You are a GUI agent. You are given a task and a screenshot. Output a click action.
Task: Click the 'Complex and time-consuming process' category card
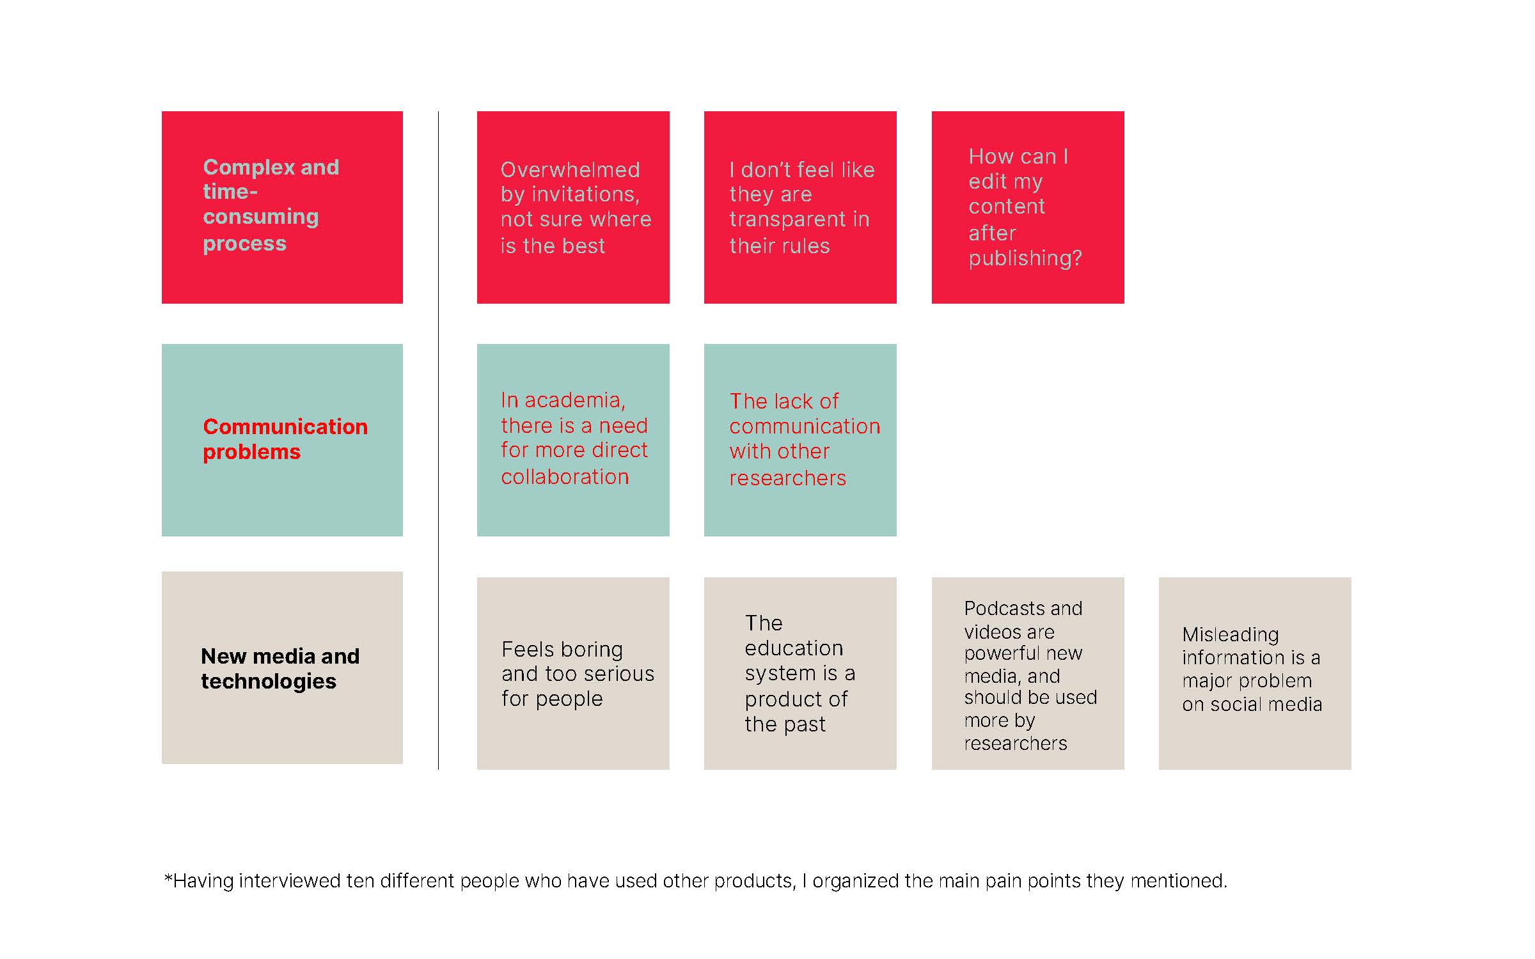(282, 207)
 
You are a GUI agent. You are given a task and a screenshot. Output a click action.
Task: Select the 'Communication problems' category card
(282, 440)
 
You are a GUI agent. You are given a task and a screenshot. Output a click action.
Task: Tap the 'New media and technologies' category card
(282, 667)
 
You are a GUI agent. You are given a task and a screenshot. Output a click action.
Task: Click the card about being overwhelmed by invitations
(573, 207)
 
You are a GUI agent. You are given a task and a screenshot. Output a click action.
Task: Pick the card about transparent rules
(800, 207)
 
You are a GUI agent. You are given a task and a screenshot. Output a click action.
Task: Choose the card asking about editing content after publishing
(1028, 207)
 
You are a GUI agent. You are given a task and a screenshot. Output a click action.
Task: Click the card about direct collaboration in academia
(573, 440)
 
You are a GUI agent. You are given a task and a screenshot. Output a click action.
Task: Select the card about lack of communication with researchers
(800, 440)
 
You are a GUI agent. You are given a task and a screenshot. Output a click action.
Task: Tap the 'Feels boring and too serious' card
(573, 673)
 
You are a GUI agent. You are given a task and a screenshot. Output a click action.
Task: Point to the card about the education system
(800, 673)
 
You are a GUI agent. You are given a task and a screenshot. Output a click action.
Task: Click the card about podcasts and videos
(1028, 673)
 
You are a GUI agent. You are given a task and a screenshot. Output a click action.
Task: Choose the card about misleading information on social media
(1255, 673)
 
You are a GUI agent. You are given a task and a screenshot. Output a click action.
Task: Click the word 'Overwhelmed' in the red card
(570, 169)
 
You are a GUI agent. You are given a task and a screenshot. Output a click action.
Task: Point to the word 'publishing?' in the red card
(1025, 259)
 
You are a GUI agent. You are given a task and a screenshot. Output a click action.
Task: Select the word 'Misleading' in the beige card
(1231, 635)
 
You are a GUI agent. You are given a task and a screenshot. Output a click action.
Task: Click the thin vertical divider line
(438, 441)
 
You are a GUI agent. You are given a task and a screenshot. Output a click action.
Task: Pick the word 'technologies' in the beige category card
(269, 682)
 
